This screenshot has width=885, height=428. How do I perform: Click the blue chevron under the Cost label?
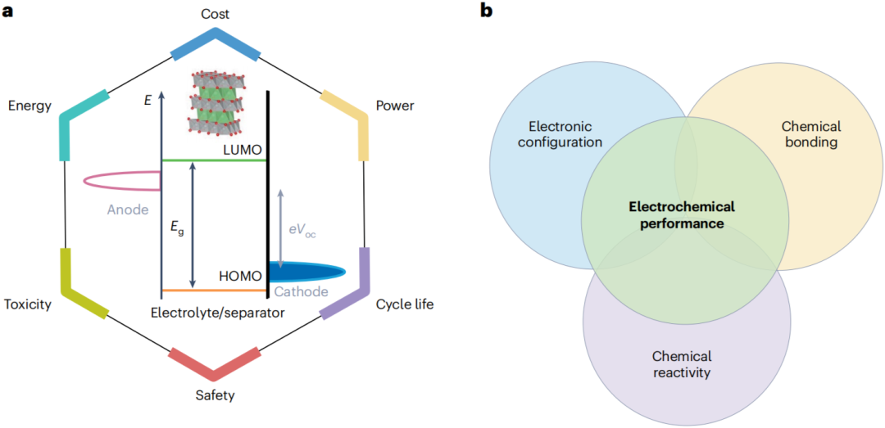[216, 45]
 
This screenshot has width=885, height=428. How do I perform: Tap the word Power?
[395, 106]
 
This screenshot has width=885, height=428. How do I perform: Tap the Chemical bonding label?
[810, 134]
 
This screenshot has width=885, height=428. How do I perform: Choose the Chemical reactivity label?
[682, 364]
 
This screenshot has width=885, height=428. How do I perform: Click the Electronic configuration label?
[565, 134]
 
